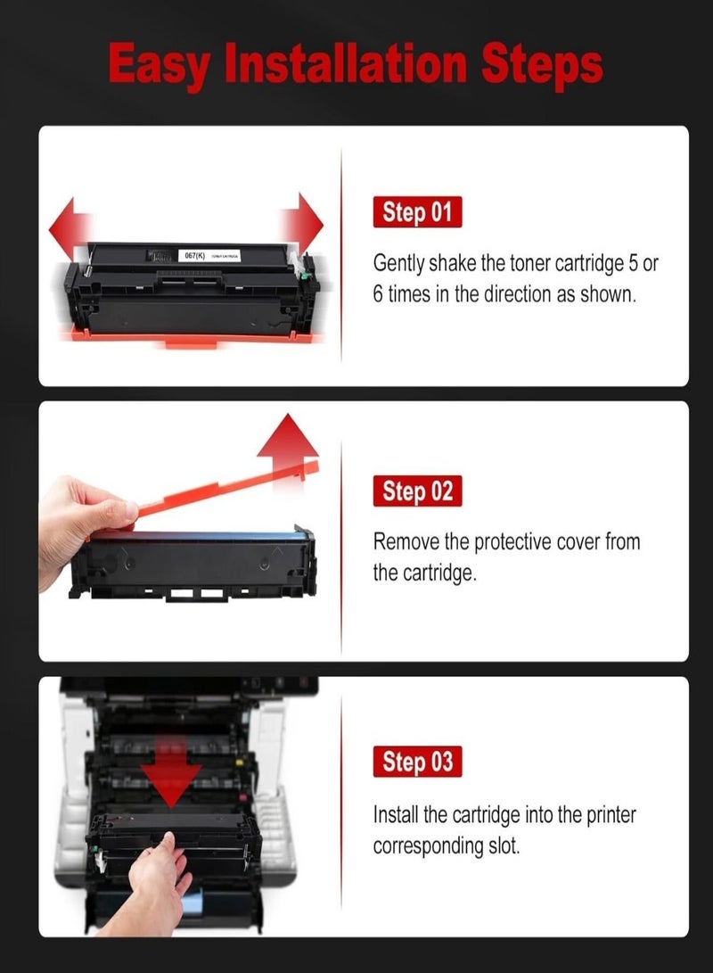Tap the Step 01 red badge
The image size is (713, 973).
[x=417, y=213]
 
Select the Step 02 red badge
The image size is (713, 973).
[x=417, y=491]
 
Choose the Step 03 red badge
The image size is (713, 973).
[x=417, y=763]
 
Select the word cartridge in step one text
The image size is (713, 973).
[x=570, y=264]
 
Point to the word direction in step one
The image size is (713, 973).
[x=518, y=294]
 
